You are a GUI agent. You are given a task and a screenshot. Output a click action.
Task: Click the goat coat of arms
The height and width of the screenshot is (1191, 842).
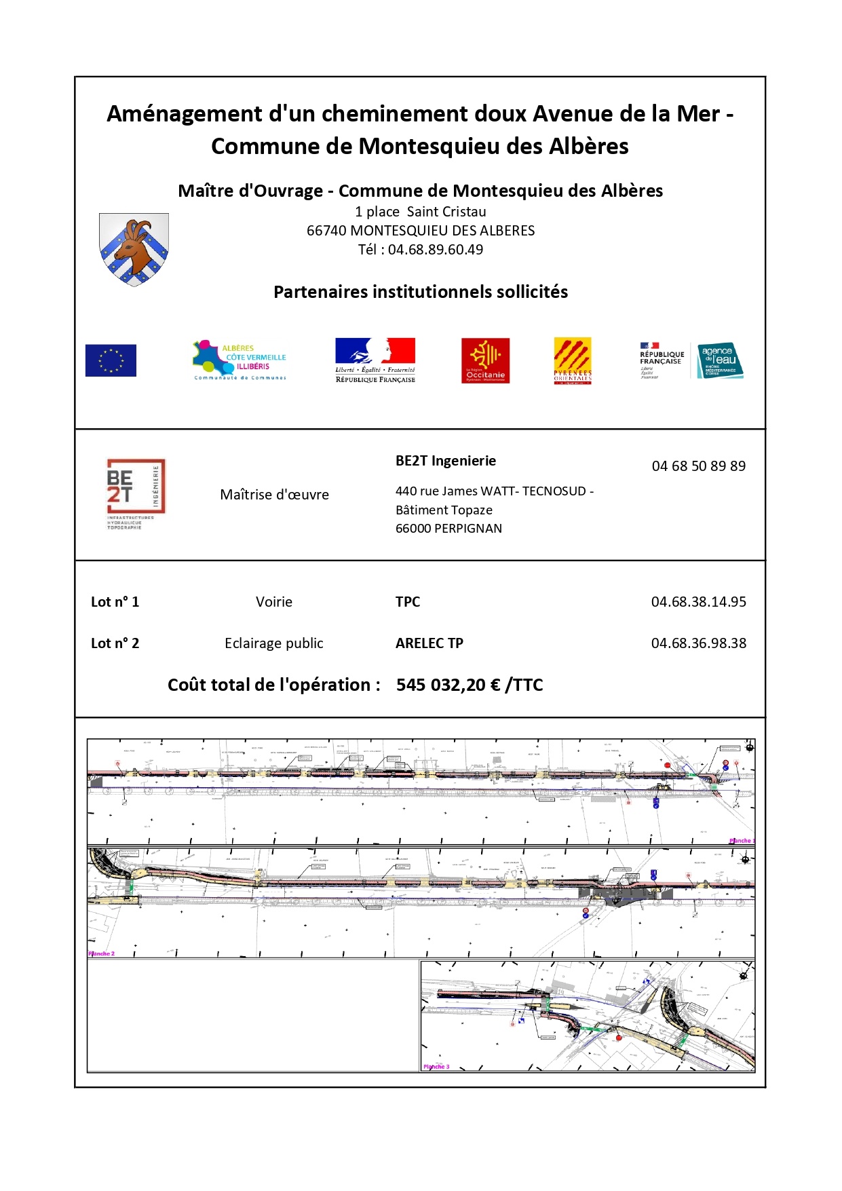(x=134, y=249)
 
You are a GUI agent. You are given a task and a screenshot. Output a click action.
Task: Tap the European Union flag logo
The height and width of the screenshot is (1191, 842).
(x=111, y=360)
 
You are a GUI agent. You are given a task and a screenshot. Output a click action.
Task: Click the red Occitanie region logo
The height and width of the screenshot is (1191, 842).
(x=485, y=360)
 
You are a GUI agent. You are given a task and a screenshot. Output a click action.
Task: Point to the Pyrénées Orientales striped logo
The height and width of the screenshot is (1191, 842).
(x=573, y=360)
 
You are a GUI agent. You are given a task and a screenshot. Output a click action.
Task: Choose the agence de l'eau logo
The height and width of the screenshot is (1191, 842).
(x=720, y=360)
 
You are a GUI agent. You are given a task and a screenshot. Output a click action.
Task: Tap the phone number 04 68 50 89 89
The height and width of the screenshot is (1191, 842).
(x=698, y=466)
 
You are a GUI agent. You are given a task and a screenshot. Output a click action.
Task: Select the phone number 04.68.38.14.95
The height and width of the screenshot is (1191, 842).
(x=698, y=602)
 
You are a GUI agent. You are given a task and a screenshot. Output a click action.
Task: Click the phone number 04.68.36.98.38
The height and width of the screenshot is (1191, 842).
(x=698, y=643)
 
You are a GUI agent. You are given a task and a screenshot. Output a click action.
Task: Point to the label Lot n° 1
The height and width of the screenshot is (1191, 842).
(x=115, y=602)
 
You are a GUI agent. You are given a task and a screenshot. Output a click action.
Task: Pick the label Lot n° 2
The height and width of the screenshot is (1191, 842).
(x=115, y=643)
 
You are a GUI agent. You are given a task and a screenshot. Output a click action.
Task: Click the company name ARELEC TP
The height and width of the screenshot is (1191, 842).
(x=429, y=643)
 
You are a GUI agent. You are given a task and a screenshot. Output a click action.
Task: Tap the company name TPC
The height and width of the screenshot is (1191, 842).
(x=408, y=602)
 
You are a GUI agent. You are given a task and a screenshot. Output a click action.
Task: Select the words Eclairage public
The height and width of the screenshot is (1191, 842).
(x=274, y=643)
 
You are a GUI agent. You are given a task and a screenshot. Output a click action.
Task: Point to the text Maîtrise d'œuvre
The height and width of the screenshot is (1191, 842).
(x=274, y=495)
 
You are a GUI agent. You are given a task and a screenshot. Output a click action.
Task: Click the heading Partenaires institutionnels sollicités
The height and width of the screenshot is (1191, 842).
(x=421, y=292)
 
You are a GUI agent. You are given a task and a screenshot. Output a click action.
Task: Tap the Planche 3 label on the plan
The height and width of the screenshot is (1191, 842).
(x=436, y=1067)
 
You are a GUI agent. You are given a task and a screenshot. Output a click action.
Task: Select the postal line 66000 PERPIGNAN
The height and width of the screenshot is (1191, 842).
(x=448, y=529)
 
